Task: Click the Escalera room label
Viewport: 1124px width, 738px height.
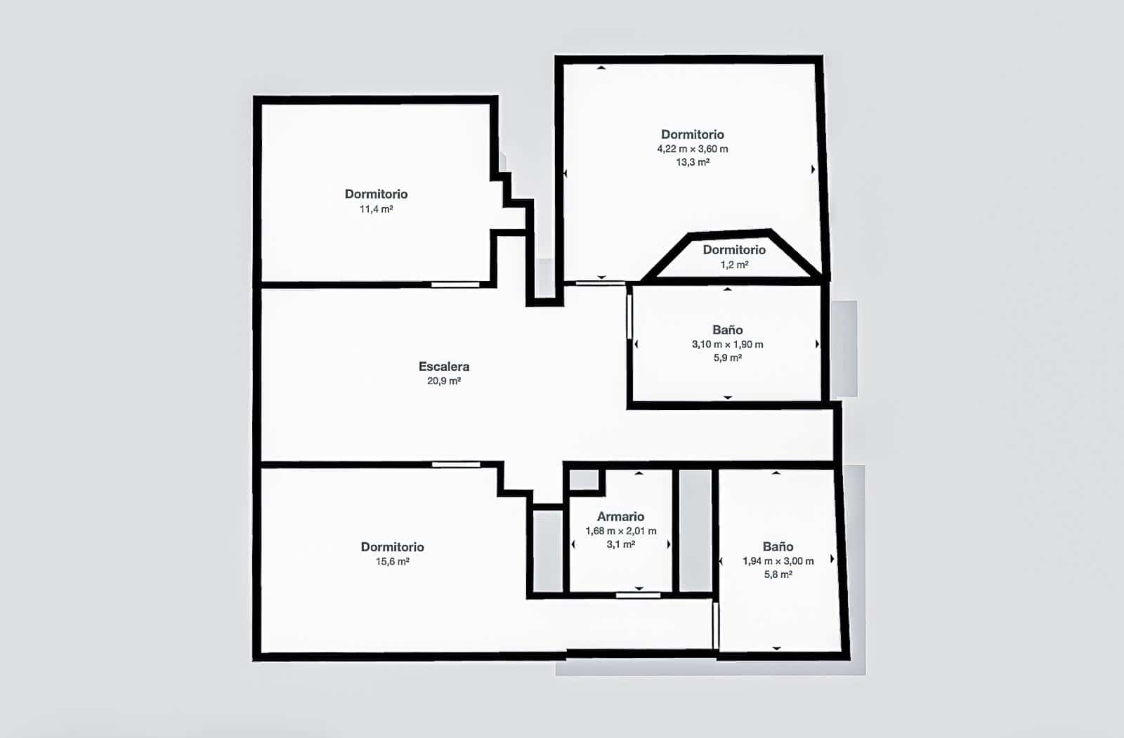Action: [444, 366]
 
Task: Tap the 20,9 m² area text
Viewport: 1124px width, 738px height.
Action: [444, 381]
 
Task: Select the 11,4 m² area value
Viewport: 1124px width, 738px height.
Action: [376, 209]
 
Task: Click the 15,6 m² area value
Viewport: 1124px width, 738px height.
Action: [392, 562]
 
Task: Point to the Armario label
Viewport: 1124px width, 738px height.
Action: [620, 517]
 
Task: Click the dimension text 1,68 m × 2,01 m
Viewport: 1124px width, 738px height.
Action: [621, 532]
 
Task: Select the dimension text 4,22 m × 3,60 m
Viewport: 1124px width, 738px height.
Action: [692, 149]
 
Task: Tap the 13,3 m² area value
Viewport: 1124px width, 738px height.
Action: [692, 162]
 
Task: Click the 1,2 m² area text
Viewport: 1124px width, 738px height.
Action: [734, 265]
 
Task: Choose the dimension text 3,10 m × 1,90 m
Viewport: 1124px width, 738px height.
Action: [727, 345]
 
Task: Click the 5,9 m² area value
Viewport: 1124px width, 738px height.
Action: [727, 358]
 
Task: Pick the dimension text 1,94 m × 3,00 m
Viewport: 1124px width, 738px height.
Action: [778, 561]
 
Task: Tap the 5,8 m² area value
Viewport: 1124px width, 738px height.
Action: [778, 574]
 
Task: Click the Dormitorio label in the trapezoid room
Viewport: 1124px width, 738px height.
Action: [734, 250]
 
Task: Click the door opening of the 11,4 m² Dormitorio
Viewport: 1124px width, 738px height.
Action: [455, 284]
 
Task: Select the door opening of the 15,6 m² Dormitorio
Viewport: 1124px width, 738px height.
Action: [456, 464]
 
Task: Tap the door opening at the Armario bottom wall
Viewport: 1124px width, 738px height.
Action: [638, 595]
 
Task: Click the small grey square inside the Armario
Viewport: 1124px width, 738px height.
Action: [583, 480]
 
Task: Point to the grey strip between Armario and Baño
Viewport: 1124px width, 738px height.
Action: [695, 531]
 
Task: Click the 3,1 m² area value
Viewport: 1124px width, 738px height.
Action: [620, 545]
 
